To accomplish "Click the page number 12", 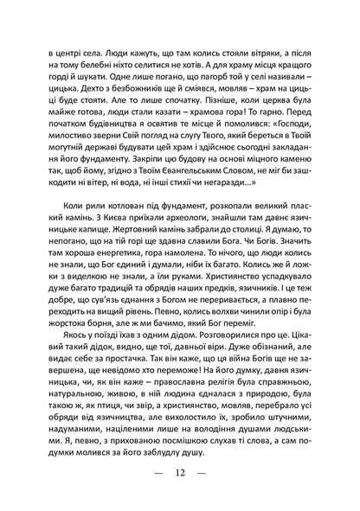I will [x=180, y=473].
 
